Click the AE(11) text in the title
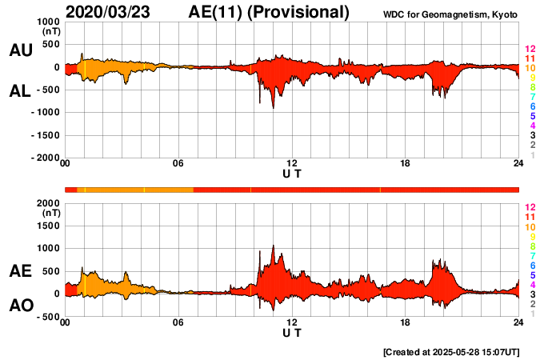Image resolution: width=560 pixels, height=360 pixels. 219,12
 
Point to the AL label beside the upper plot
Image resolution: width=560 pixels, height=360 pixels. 20,91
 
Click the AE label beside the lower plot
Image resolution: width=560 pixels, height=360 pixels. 20,271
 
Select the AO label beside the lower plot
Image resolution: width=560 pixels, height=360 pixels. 20,306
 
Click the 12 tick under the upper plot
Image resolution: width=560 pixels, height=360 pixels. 292,164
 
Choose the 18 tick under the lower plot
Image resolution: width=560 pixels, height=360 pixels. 406,322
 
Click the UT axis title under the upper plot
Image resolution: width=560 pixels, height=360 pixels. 292,174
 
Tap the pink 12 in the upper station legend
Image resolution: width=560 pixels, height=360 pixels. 530,49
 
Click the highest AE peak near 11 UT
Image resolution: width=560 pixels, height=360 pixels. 273,246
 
